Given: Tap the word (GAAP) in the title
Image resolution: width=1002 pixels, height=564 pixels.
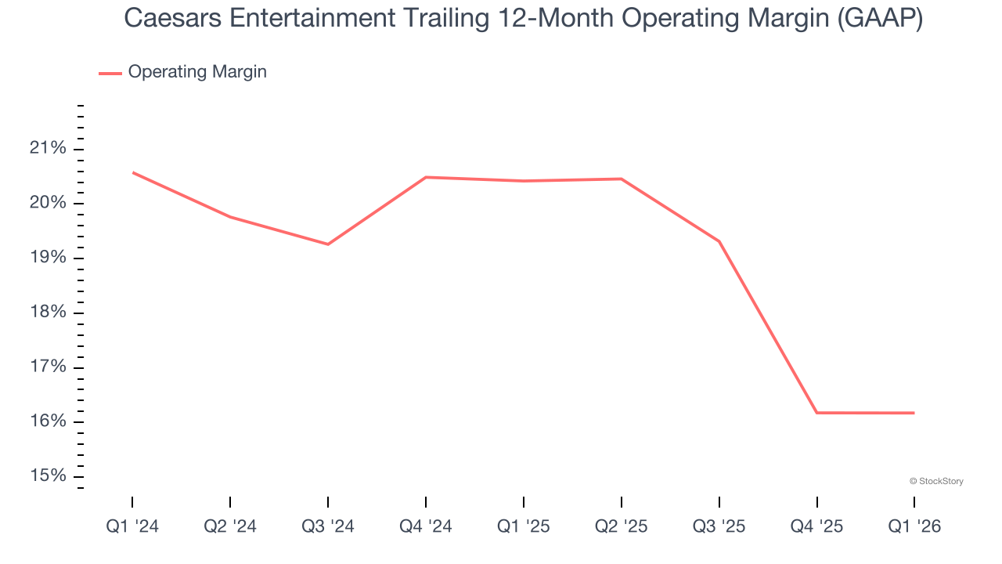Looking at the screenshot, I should pyautogui.click(x=879, y=19).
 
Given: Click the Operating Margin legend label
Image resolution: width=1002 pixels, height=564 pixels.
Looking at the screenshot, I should pyautogui.click(x=197, y=72).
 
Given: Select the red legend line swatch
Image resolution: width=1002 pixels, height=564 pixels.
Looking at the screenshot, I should pyautogui.click(x=110, y=73).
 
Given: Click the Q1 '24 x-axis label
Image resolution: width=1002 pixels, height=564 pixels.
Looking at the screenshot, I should pyautogui.click(x=132, y=526).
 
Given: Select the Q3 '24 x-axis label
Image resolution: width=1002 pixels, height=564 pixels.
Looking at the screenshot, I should pyautogui.click(x=328, y=526).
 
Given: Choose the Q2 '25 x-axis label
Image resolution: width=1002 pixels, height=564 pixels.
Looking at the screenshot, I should pyautogui.click(x=622, y=526).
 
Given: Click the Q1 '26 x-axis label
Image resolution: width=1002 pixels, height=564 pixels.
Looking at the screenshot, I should pyautogui.click(x=914, y=526).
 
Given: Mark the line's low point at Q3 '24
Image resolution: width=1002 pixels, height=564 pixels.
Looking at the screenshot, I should pyautogui.click(x=328, y=244).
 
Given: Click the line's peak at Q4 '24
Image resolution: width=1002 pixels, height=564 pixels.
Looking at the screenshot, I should pyautogui.click(x=426, y=177).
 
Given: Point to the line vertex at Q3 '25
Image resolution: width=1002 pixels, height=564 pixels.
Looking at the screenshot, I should pyautogui.click(x=719, y=241).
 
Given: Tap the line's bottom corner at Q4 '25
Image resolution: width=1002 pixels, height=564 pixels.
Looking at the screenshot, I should pyautogui.click(x=816, y=413).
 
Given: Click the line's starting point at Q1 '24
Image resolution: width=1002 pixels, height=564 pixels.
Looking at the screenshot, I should pyautogui.click(x=133, y=172).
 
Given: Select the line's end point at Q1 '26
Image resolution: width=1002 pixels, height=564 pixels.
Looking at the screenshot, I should pyautogui.click(x=914, y=413).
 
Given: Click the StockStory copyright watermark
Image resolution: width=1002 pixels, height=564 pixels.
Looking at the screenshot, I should pyautogui.click(x=936, y=481).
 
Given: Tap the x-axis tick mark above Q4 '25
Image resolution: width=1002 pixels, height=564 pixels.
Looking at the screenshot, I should pyautogui.click(x=816, y=501).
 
